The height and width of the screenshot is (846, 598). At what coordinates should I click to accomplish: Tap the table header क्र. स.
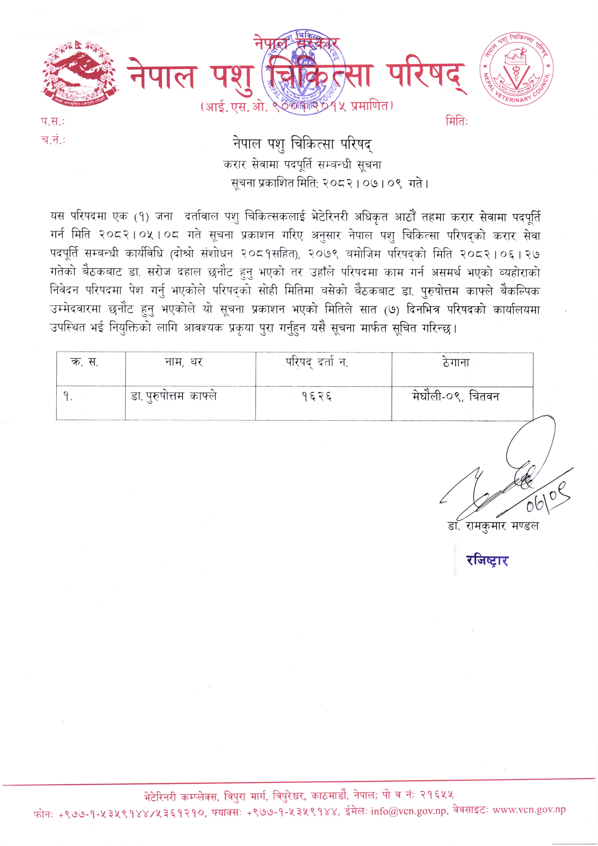pos(84,363)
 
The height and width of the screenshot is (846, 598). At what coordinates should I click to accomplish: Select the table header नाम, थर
pos(184,363)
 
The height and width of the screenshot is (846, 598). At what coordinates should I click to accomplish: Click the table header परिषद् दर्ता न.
pos(317,363)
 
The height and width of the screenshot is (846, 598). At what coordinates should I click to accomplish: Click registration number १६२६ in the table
pos(317,397)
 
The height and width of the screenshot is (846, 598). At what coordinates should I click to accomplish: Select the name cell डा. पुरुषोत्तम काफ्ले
pos(174,397)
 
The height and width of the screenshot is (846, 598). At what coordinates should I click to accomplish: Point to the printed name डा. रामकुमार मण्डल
pos(493,526)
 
